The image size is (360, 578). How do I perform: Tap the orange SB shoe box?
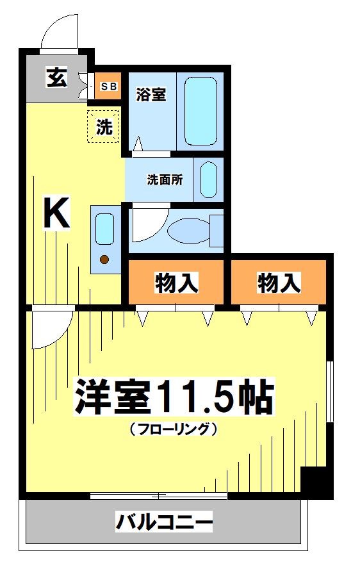pyautogui.click(x=108, y=86)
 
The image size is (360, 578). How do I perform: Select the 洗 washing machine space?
pyautogui.click(x=104, y=127)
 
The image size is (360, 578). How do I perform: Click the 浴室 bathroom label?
pyautogui.click(x=151, y=95)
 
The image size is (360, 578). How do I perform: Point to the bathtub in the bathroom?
pyautogui.click(x=200, y=111)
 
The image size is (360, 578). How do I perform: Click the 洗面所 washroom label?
pyautogui.click(x=165, y=180)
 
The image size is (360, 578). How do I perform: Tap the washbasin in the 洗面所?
pyautogui.click(x=209, y=180)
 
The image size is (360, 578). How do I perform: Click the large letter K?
pyautogui.click(x=56, y=213)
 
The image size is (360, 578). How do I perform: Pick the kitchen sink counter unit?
pyautogui.click(x=104, y=239)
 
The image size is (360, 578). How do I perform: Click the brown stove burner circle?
pyautogui.click(x=104, y=260)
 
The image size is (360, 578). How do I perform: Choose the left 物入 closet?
pyautogui.click(x=176, y=282)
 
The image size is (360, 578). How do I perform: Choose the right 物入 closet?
pyautogui.click(x=279, y=282)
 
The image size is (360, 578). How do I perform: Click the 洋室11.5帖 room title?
pyautogui.click(x=173, y=399)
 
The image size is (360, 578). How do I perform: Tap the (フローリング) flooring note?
pyautogui.click(x=173, y=429)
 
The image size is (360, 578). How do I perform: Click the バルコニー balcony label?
pyautogui.click(x=163, y=523)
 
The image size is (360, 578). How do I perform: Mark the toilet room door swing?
pyautogui.click(x=147, y=224)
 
